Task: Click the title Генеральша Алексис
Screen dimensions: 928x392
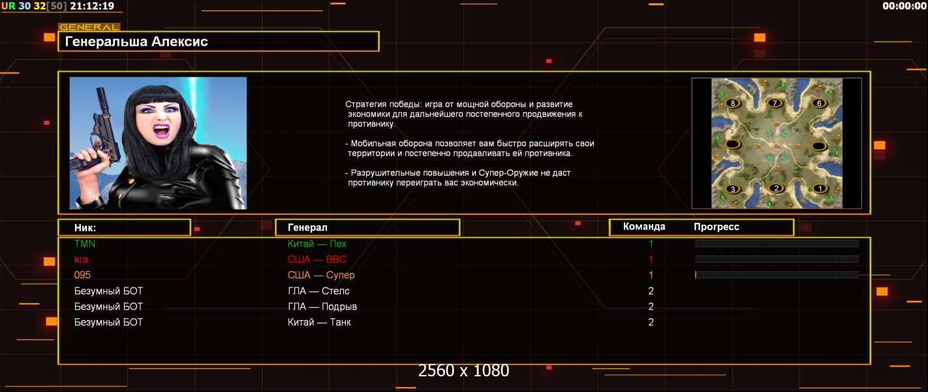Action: click(136, 41)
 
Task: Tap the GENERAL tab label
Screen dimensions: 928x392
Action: click(89, 27)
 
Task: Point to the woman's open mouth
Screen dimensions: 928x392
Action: click(162, 130)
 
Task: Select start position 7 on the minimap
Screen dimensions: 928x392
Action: click(775, 103)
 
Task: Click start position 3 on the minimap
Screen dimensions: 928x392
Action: click(733, 189)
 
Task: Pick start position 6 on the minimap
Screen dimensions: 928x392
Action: click(818, 103)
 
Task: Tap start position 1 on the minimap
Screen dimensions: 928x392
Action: click(820, 188)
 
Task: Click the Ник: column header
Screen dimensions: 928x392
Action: click(85, 228)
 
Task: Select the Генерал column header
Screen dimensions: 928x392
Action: click(307, 227)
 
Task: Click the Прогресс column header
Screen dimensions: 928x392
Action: click(717, 227)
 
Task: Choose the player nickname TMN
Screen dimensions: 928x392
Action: click(85, 244)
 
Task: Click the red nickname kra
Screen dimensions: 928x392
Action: click(81, 259)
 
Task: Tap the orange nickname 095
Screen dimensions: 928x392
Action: click(82, 275)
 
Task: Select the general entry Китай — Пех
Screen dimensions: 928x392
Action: click(317, 244)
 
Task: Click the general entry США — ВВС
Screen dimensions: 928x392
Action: click(317, 259)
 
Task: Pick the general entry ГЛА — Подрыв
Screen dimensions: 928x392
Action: click(322, 306)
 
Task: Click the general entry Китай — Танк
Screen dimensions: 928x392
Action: click(319, 322)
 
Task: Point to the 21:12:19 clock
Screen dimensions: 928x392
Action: click(91, 6)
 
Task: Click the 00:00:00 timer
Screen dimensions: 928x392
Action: click(905, 6)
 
